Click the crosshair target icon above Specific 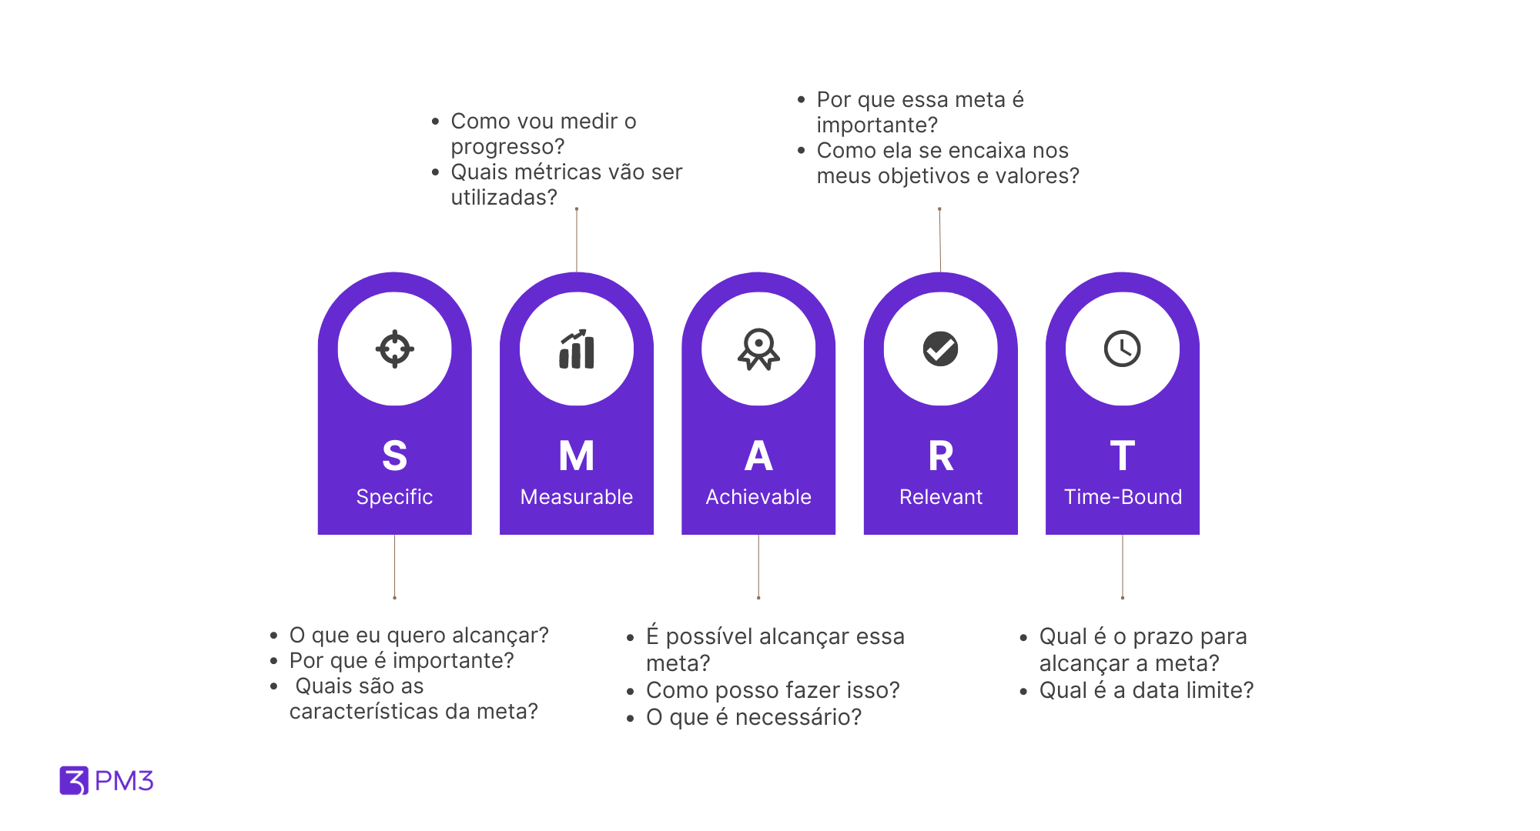tap(394, 349)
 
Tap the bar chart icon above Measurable tap(577, 349)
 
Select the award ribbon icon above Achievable tap(758, 349)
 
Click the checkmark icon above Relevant tap(940, 349)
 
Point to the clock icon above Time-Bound tap(1122, 349)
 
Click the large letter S tap(394, 456)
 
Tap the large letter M tap(577, 456)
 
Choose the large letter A tap(758, 456)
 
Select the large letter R tap(941, 456)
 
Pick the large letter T tap(1122, 456)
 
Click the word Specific tap(394, 497)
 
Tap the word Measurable tap(577, 497)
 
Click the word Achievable tap(758, 497)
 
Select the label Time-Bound tap(1123, 497)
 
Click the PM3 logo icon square tap(74, 780)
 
